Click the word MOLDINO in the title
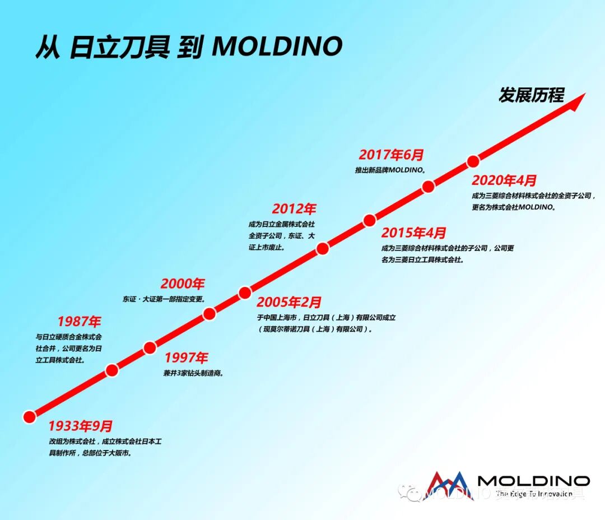point(277,47)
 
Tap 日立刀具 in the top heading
point(119,47)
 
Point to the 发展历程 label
point(531,95)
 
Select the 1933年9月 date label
point(80,426)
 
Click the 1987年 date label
point(79,322)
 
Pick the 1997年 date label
point(186,357)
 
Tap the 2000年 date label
point(183,284)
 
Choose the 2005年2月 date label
point(289,303)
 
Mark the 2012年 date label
point(294,209)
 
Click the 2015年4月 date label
point(414,233)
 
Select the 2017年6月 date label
point(392,155)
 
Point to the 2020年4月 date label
point(504,180)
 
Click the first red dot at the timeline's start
point(29,416)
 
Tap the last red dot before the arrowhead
point(473,162)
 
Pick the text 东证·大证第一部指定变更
point(164,299)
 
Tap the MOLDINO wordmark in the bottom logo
point(533,481)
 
